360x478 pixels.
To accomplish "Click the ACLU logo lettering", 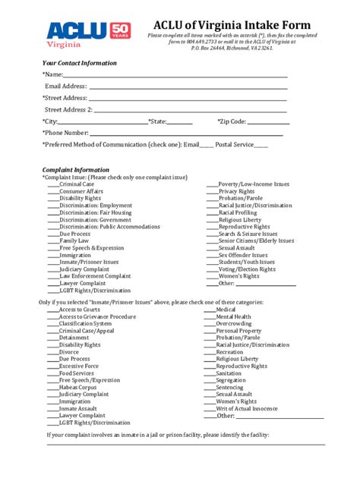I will click(75, 30).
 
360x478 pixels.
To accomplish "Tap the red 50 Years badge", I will click(122, 30).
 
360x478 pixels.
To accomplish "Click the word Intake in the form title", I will click(259, 26).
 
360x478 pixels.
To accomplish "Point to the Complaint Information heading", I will click(76, 170).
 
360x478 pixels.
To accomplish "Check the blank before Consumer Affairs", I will click(52, 191).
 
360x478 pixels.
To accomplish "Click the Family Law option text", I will click(74, 241).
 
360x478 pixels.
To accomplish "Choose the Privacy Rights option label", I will click(236, 191).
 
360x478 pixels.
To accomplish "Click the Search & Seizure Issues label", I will click(248, 234).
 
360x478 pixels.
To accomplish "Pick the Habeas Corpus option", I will click(78, 387).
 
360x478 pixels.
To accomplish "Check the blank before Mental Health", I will click(209, 316).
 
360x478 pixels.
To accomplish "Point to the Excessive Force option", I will click(78, 366).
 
